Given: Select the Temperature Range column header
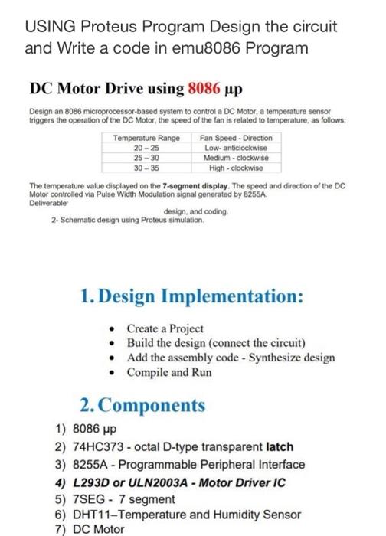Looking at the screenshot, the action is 146,138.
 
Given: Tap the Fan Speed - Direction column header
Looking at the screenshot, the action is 235,138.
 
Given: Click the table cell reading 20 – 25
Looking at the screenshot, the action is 146,148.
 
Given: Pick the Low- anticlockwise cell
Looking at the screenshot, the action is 235,148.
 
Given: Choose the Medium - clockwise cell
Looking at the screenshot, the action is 235,158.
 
